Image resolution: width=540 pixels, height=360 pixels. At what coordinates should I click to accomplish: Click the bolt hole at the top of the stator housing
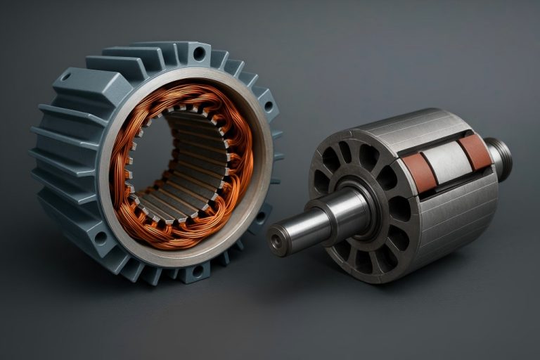tap(199, 53)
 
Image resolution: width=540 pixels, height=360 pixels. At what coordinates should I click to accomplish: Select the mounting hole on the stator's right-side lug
tap(268, 106)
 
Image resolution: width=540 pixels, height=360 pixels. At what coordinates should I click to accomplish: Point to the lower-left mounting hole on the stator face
tap(101, 238)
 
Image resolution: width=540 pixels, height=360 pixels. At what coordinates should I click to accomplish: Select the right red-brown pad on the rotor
tap(475, 151)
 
